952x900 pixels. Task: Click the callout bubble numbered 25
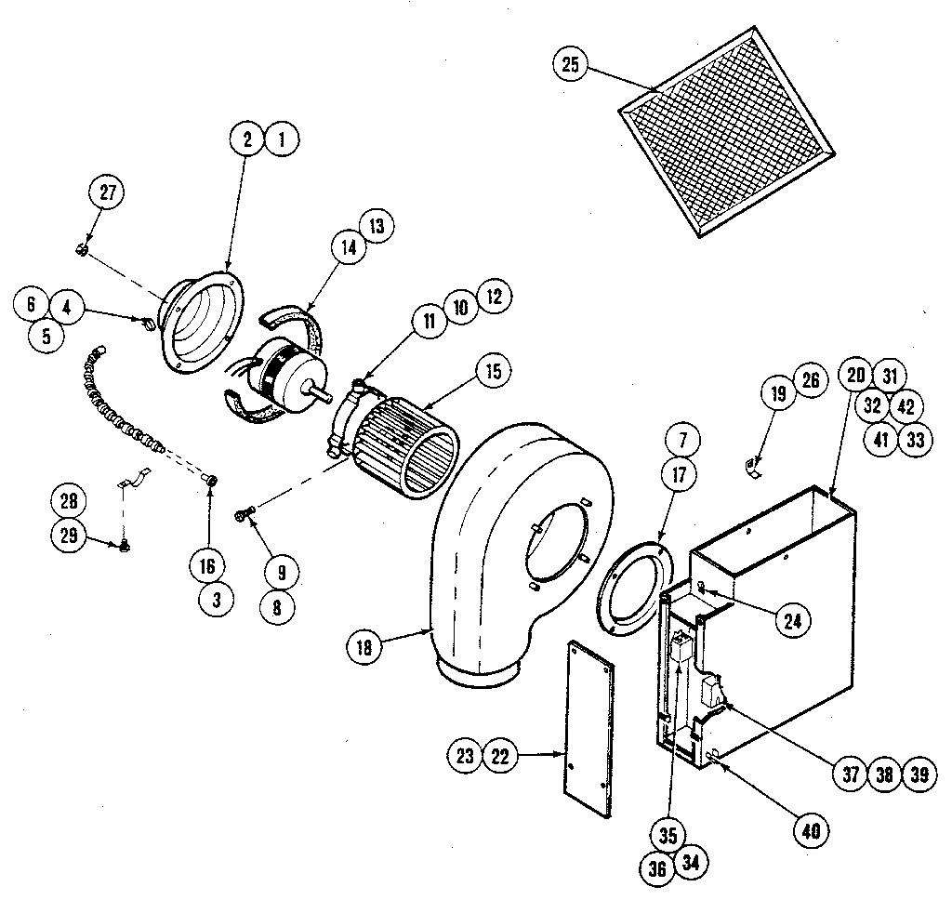coord(570,64)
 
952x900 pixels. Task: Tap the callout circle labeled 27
coord(105,192)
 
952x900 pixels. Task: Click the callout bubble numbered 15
coord(492,372)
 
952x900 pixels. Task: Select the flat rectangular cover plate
coord(588,731)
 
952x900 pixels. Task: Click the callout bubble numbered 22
coord(500,756)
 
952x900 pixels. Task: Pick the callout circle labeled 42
coord(906,406)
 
